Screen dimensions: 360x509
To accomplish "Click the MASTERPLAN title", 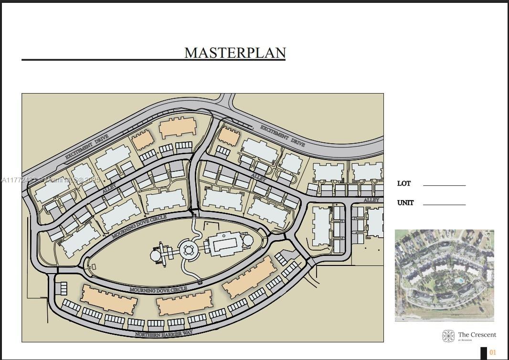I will tap(235, 53).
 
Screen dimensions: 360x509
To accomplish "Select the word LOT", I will tap(403, 184).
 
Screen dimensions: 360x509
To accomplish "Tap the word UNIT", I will tap(405, 203).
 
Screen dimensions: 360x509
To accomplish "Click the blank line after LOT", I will tap(444, 185).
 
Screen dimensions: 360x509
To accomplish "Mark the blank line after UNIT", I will tap(444, 204).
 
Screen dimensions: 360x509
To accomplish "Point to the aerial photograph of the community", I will tap(444, 275).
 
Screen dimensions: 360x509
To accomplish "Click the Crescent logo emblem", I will tap(448, 336).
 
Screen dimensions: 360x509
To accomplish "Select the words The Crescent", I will tap(477, 335).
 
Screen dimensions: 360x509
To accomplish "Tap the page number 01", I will tap(493, 353).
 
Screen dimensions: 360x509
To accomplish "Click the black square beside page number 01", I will tap(483, 353).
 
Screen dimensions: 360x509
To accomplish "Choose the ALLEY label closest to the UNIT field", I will tap(371, 200).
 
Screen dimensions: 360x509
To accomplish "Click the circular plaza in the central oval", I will tap(188, 250).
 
